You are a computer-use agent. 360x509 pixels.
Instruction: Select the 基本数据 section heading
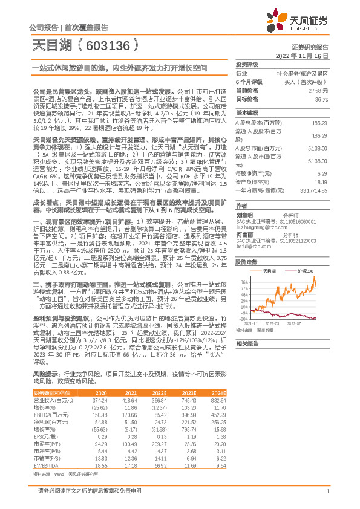[247, 113]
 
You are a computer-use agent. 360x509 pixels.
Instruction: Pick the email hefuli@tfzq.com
[252, 247]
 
